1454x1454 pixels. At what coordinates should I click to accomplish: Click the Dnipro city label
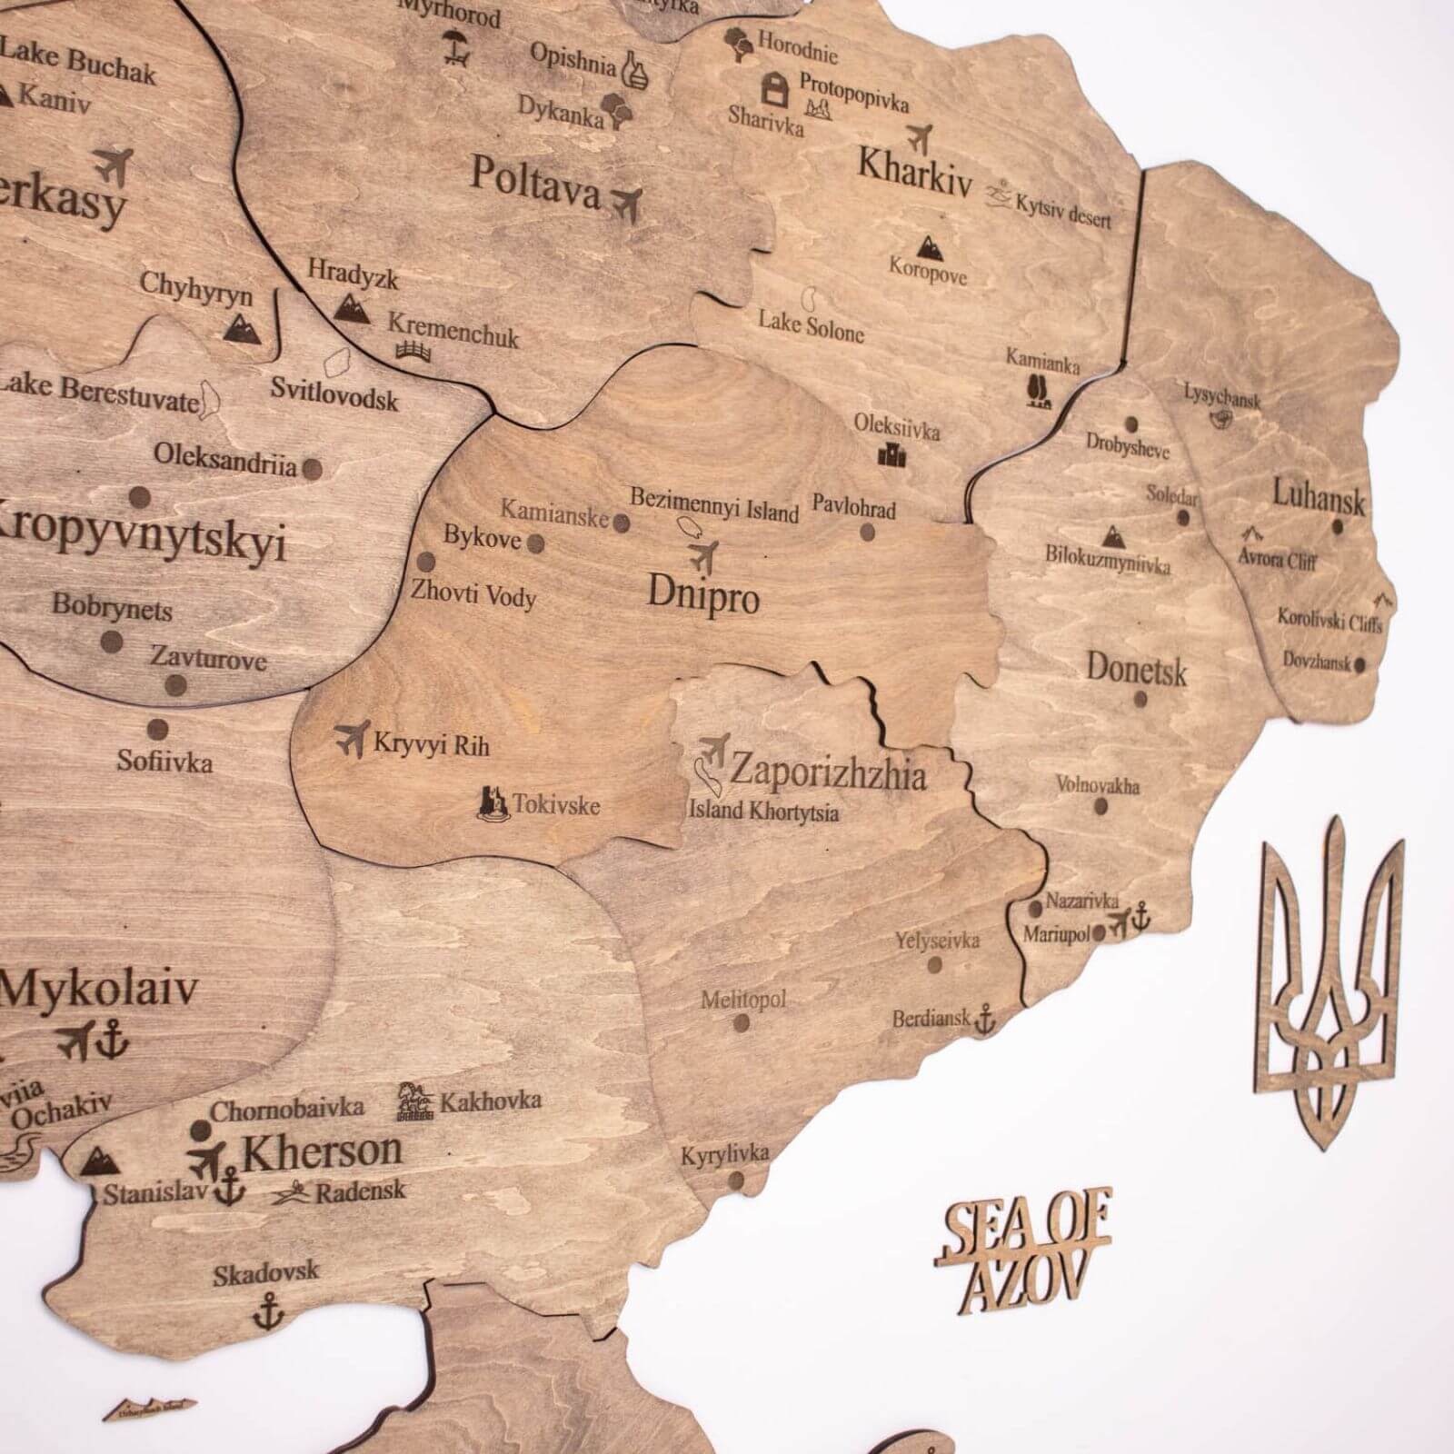coord(702,594)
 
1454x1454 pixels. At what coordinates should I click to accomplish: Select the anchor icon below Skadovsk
coord(267,1311)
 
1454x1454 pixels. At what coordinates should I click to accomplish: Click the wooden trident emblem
coord(1327,981)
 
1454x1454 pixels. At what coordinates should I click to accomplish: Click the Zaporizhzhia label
coord(828,774)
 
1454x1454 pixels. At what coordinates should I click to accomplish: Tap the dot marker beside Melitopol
coord(742,1023)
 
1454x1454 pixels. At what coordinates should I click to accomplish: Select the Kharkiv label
coord(914,172)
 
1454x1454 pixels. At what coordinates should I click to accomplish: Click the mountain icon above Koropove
coord(928,245)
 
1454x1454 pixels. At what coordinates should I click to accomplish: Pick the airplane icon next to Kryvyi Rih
coord(352,737)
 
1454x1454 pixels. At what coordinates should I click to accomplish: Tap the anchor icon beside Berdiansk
coord(984,1021)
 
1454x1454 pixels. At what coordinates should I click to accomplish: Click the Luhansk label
coord(1318,498)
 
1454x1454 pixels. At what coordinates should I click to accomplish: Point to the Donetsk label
coord(1136,671)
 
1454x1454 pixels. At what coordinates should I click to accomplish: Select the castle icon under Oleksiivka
coord(891,453)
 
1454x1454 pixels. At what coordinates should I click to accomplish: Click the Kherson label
coord(322,1152)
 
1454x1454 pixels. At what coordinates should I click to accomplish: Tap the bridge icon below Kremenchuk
coord(413,350)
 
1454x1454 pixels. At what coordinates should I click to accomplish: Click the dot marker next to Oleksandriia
coord(312,470)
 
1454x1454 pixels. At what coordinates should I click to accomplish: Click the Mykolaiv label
coord(98,989)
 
